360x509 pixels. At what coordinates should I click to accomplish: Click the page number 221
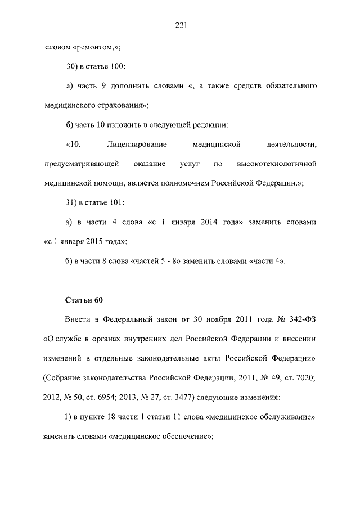(180, 25)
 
